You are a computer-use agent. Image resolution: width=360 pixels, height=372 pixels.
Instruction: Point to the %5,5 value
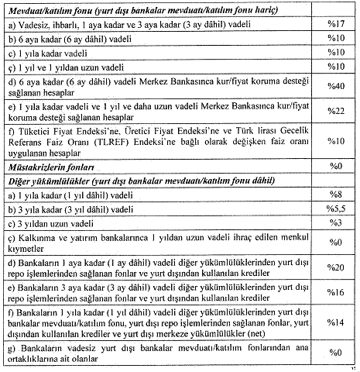coord(335,208)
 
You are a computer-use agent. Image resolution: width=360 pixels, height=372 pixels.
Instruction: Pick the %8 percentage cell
coord(335,195)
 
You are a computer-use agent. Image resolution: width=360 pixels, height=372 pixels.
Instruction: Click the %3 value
coord(335,223)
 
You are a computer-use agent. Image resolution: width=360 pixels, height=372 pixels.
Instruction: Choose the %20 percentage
coord(335,267)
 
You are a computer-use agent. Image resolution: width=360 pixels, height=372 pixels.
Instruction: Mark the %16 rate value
coord(335,294)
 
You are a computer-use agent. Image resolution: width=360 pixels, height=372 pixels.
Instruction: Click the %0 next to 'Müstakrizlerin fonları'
coord(335,167)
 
